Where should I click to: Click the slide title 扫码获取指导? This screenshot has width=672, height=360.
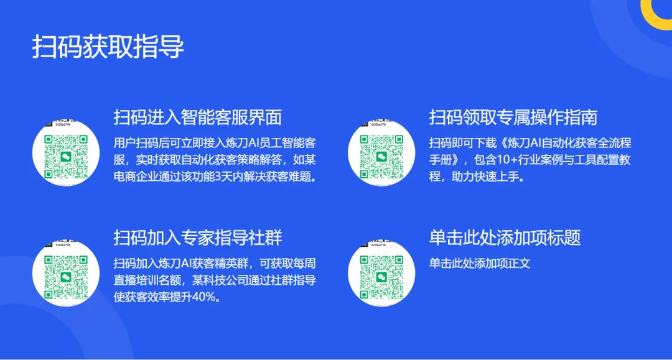click(108, 47)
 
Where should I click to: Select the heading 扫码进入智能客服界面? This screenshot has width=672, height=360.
click(198, 117)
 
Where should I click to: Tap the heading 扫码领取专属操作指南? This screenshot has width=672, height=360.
click(513, 117)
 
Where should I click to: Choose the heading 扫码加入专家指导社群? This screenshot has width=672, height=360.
click(198, 237)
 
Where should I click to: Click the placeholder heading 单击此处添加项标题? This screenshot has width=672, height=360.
click(505, 237)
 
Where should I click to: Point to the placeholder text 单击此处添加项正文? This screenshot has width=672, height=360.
click(480, 263)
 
